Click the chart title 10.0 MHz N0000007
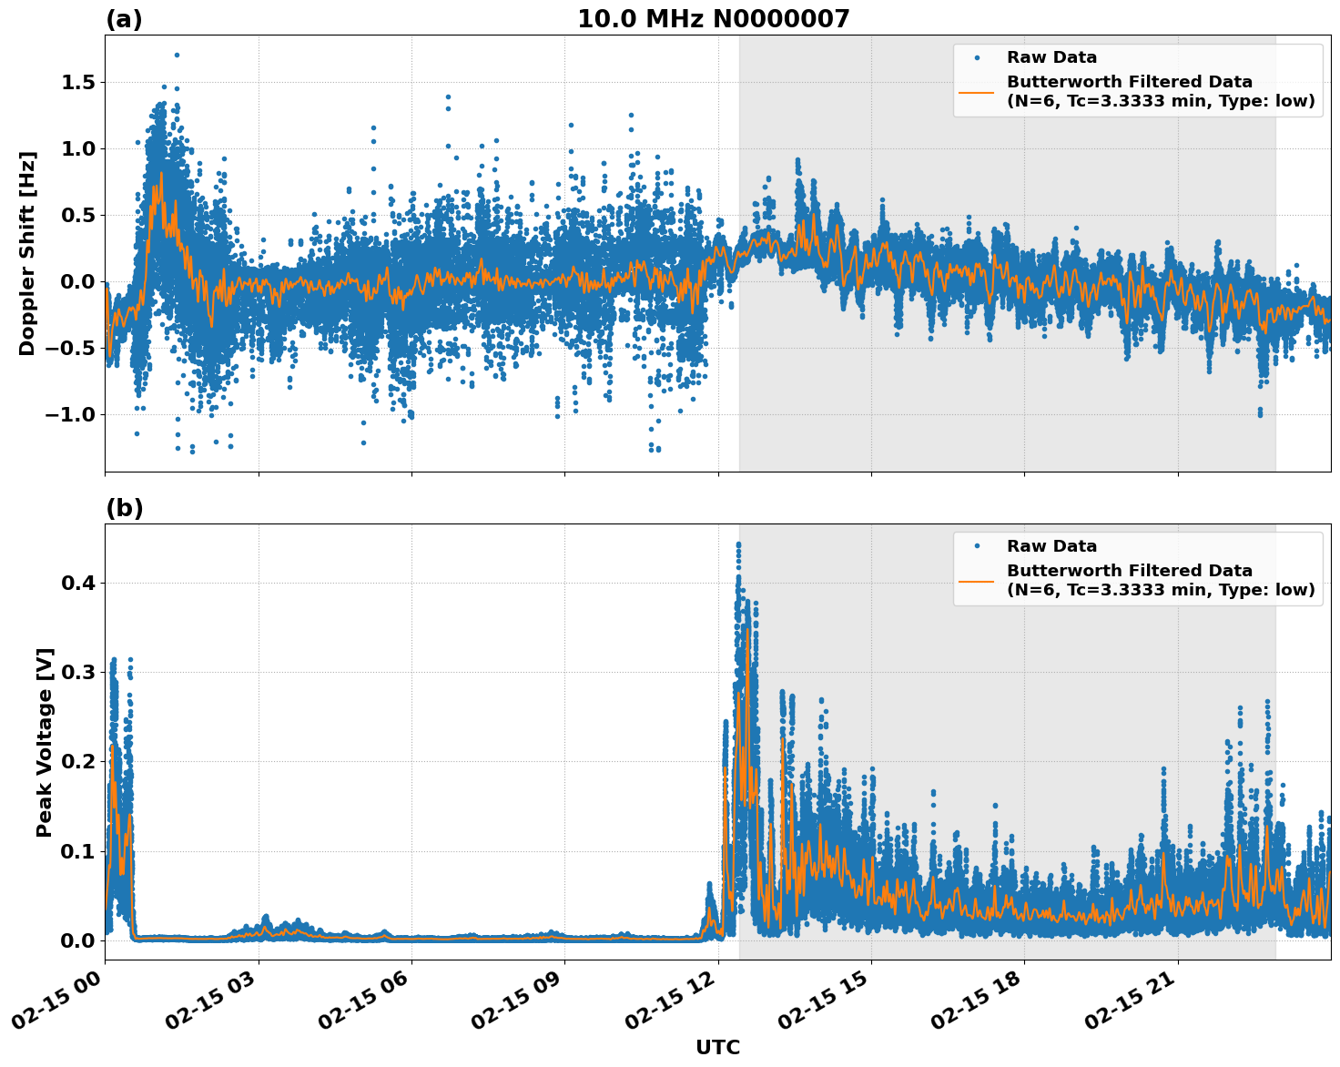(x=713, y=19)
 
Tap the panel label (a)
(x=124, y=19)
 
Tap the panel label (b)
(x=124, y=508)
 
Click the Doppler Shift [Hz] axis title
(x=27, y=253)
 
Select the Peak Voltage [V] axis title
(x=45, y=742)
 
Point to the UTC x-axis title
(x=717, y=1048)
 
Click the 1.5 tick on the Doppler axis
(x=79, y=83)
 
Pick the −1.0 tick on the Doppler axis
(x=72, y=415)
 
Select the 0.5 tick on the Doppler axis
(x=79, y=216)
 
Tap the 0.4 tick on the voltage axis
(x=79, y=583)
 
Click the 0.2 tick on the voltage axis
(x=79, y=761)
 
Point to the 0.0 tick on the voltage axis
(x=79, y=940)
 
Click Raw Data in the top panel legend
(x=1051, y=58)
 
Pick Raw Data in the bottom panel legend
(x=1051, y=547)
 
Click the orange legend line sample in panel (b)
(x=976, y=580)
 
